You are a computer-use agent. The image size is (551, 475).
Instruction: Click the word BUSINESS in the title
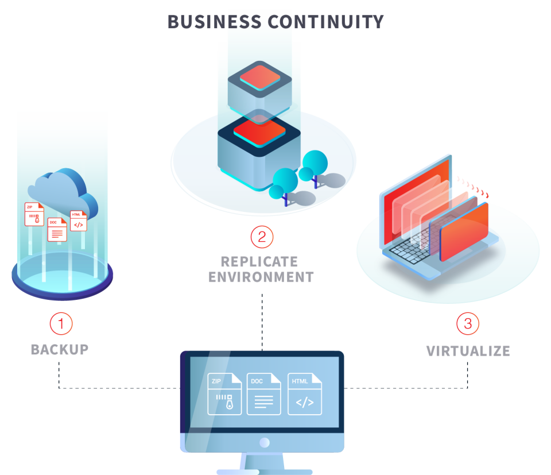click(215, 22)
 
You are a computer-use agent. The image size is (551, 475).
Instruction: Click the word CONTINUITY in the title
click(325, 22)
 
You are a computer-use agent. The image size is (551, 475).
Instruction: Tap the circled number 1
click(61, 324)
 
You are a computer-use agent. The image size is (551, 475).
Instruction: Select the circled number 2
click(262, 236)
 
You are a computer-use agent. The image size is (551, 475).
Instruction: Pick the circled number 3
click(467, 324)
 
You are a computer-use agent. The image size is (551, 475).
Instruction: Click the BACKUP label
click(60, 349)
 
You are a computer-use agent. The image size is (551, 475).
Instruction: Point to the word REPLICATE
click(259, 262)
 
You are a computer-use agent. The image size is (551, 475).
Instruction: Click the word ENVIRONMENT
click(261, 277)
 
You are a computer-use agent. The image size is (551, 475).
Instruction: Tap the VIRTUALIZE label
click(468, 351)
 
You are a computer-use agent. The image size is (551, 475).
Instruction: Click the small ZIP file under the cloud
click(34, 214)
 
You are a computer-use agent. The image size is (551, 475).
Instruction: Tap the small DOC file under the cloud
click(57, 229)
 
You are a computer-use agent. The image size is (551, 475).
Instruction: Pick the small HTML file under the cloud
click(78, 221)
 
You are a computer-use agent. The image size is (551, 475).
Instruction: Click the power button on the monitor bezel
click(264, 442)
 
